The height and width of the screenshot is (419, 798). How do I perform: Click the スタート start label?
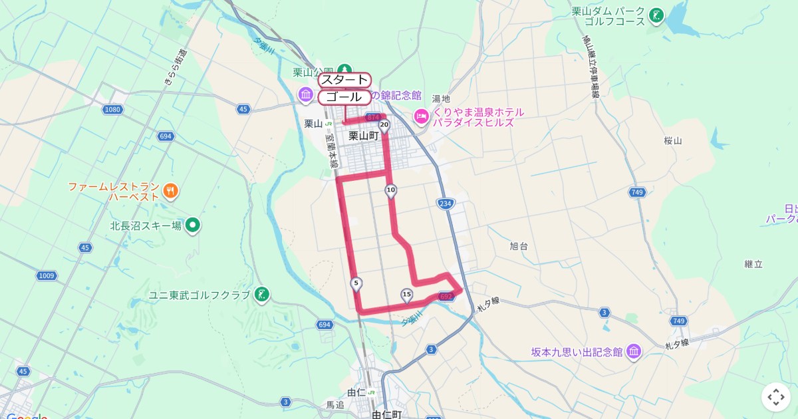(x=344, y=80)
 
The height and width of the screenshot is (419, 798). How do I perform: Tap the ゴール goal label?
(x=344, y=97)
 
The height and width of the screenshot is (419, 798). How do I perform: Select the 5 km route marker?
(x=356, y=284)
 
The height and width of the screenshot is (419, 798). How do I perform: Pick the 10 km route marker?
(x=390, y=191)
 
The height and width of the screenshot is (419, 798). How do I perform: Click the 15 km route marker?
(x=406, y=295)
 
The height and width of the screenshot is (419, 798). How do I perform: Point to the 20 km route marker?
(x=384, y=125)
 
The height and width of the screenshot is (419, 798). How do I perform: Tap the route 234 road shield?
(x=445, y=204)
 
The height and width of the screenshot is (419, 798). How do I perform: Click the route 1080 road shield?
(x=113, y=109)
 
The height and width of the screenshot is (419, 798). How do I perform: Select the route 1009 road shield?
(x=47, y=275)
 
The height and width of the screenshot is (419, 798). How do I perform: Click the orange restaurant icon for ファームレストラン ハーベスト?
(x=171, y=192)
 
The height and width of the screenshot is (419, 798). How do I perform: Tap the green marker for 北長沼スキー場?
(x=193, y=225)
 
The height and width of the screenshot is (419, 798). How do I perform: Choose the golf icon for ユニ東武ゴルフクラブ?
(x=262, y=294)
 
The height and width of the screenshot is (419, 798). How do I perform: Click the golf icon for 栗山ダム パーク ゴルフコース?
(x=656, y=15)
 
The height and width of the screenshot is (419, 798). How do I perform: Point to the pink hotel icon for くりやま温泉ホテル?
(x=421, y=117)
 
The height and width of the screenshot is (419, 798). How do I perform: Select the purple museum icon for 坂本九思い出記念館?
(x=634, y=351)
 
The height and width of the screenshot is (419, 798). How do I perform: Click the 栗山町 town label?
(x=363, y=136)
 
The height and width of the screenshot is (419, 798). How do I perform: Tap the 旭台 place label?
(x=519, y=246)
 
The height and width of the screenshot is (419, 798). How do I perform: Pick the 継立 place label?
(x=753, y=264)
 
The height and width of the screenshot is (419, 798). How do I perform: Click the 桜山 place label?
(x=673, y=140)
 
